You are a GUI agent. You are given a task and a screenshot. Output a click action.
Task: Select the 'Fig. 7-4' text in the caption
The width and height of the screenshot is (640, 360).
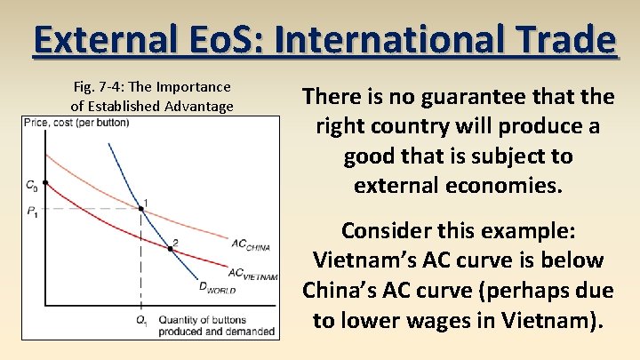(96, 87)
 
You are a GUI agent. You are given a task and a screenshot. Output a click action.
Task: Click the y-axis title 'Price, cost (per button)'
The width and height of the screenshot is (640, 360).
(76, 123)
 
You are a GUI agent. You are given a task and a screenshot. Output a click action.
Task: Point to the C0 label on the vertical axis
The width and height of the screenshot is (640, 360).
(31, 186)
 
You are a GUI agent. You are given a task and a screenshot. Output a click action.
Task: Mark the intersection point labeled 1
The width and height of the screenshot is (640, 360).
(141, 209)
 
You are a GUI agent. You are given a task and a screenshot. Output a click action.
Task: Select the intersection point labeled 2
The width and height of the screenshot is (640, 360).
(171, 248)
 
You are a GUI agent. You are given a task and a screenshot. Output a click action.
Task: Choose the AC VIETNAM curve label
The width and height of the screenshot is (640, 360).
(252, 274)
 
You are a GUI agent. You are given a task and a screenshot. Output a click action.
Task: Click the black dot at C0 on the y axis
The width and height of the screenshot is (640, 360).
(45, 182)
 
